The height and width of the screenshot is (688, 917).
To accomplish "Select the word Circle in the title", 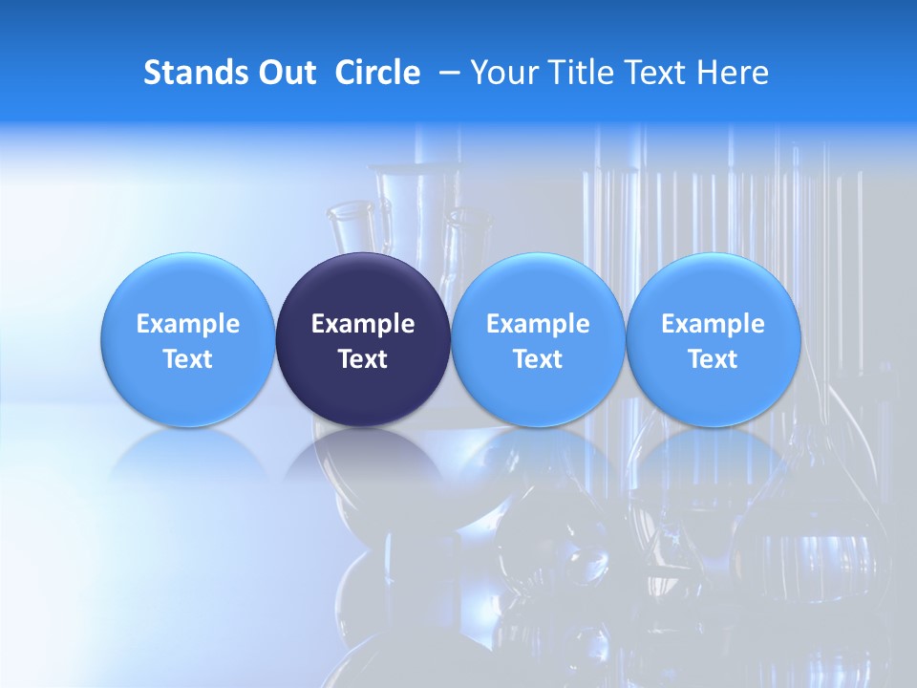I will (x=377, y=73).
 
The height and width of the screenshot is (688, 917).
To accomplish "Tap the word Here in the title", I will (x=733, y=73).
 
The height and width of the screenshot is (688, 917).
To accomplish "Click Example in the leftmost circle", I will (x=187, y=324).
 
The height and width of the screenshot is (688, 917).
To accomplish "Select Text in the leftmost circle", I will (x=187, y=359).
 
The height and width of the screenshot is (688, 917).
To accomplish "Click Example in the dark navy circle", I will (x=363, y=324).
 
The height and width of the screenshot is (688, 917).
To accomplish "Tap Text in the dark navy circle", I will (x=363, y=359).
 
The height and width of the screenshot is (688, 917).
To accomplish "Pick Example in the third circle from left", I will (x=538, y=324).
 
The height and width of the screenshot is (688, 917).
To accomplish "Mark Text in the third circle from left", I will (x=538, y=359).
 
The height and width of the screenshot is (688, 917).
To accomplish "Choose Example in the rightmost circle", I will (x=713, y=324).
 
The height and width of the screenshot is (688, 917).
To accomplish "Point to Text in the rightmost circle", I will (x=713, y=359).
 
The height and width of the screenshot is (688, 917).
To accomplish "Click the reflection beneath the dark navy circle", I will (x=363, y=459).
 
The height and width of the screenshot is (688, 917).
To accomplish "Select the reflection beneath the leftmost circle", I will (x=187, y=454).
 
